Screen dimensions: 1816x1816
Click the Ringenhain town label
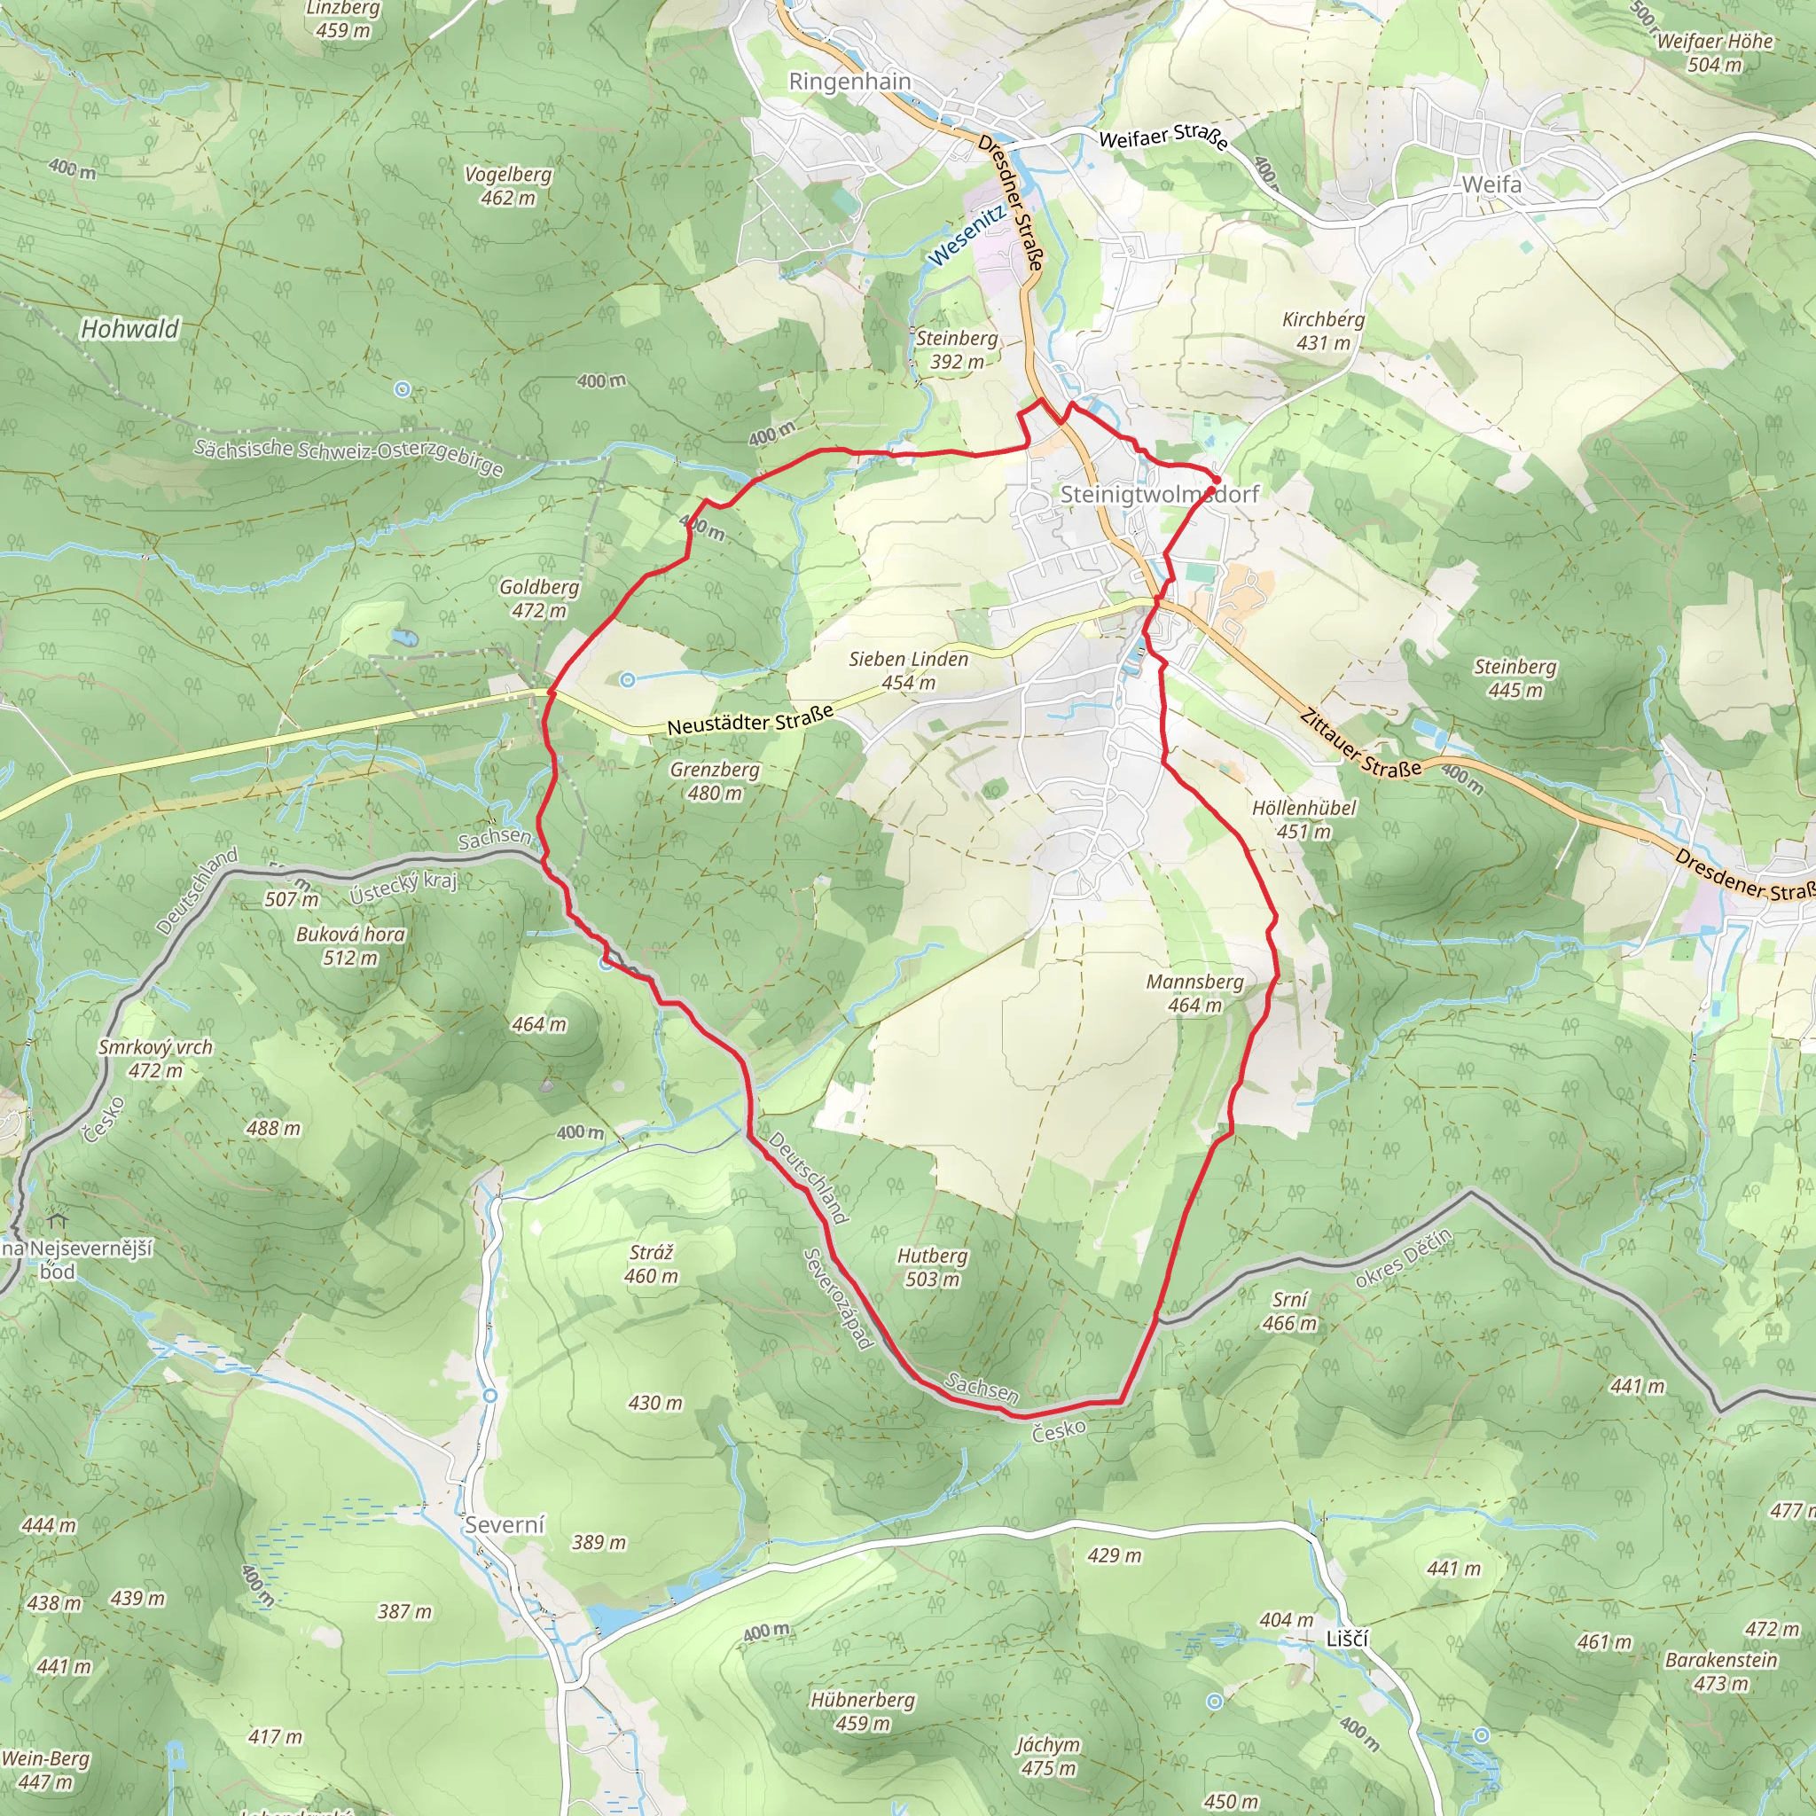click(x=849, y=82)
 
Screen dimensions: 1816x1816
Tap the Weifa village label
click(x=1491, y=184)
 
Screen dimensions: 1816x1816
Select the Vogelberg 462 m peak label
click(x=508, y=186)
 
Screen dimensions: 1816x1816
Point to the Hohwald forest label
click(x=129, y=329)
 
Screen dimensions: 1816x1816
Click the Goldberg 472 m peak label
click(x=538, y=599)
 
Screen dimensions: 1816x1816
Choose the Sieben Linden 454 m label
click(x=908, y=671)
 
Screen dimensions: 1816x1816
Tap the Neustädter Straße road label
click(x=750, y=721)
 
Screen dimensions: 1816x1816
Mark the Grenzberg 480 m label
click(x=715, y=781)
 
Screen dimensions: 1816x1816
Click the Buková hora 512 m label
click(x=349, y=945)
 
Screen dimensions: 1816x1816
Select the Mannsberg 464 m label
click(x=1194, y=993)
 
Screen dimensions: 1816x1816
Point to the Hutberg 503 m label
click(x=932, y=1267)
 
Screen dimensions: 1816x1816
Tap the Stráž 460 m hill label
click(x=651, y=1264)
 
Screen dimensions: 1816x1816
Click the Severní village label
click(x=505, y=1524)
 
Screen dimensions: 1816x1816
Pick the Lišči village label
click(x=1347, y=1639)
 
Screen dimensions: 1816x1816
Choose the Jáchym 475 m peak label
click(x=1048, y=1756)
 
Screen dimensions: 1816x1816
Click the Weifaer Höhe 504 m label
click(x=1715, y=52)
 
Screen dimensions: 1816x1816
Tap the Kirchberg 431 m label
click(x=1324, y=331)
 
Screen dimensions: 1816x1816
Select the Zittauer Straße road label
click(x=1359, y=743)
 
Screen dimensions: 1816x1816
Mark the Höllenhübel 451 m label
click(x=1303, y=818)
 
